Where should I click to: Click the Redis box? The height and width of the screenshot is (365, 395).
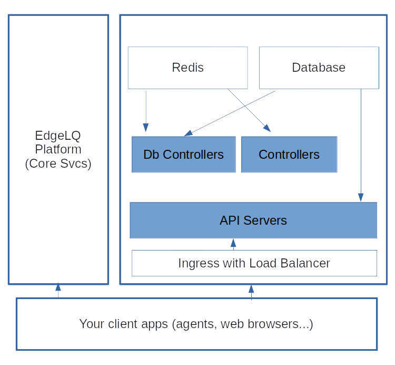point(187,68)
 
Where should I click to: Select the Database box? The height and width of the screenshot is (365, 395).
point(319,68)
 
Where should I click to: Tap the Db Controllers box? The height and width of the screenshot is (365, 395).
point(184,155)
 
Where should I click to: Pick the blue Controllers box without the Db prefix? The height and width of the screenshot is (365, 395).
point(289,155)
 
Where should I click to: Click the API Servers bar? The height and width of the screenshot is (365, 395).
point(253,220)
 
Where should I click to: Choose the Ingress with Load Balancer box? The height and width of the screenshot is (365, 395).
point(254,263)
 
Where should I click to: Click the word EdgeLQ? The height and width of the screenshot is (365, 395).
point(58,136)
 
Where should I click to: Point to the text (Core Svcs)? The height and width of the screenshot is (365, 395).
point(58,164)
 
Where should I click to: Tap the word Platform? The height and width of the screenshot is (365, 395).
point(58,149)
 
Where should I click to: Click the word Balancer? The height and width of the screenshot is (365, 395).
point(305,263)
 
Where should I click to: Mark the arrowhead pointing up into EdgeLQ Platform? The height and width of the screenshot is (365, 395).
point(58,286)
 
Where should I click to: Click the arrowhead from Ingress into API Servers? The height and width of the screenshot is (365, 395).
point(233,243)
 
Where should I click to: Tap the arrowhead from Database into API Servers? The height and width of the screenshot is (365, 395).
point(361,197)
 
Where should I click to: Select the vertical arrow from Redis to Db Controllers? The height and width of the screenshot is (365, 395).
point(146,111)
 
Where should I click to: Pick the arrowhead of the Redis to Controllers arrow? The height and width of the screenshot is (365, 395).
point(268,128)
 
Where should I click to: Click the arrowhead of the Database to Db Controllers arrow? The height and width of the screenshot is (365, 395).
point(188,133)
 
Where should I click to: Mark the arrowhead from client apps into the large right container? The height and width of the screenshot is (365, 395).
point(251,289)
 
